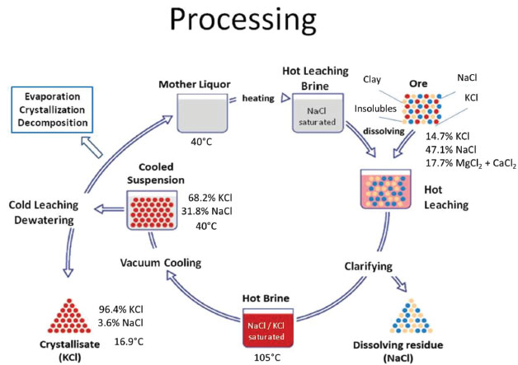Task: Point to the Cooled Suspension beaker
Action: [154, 208]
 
